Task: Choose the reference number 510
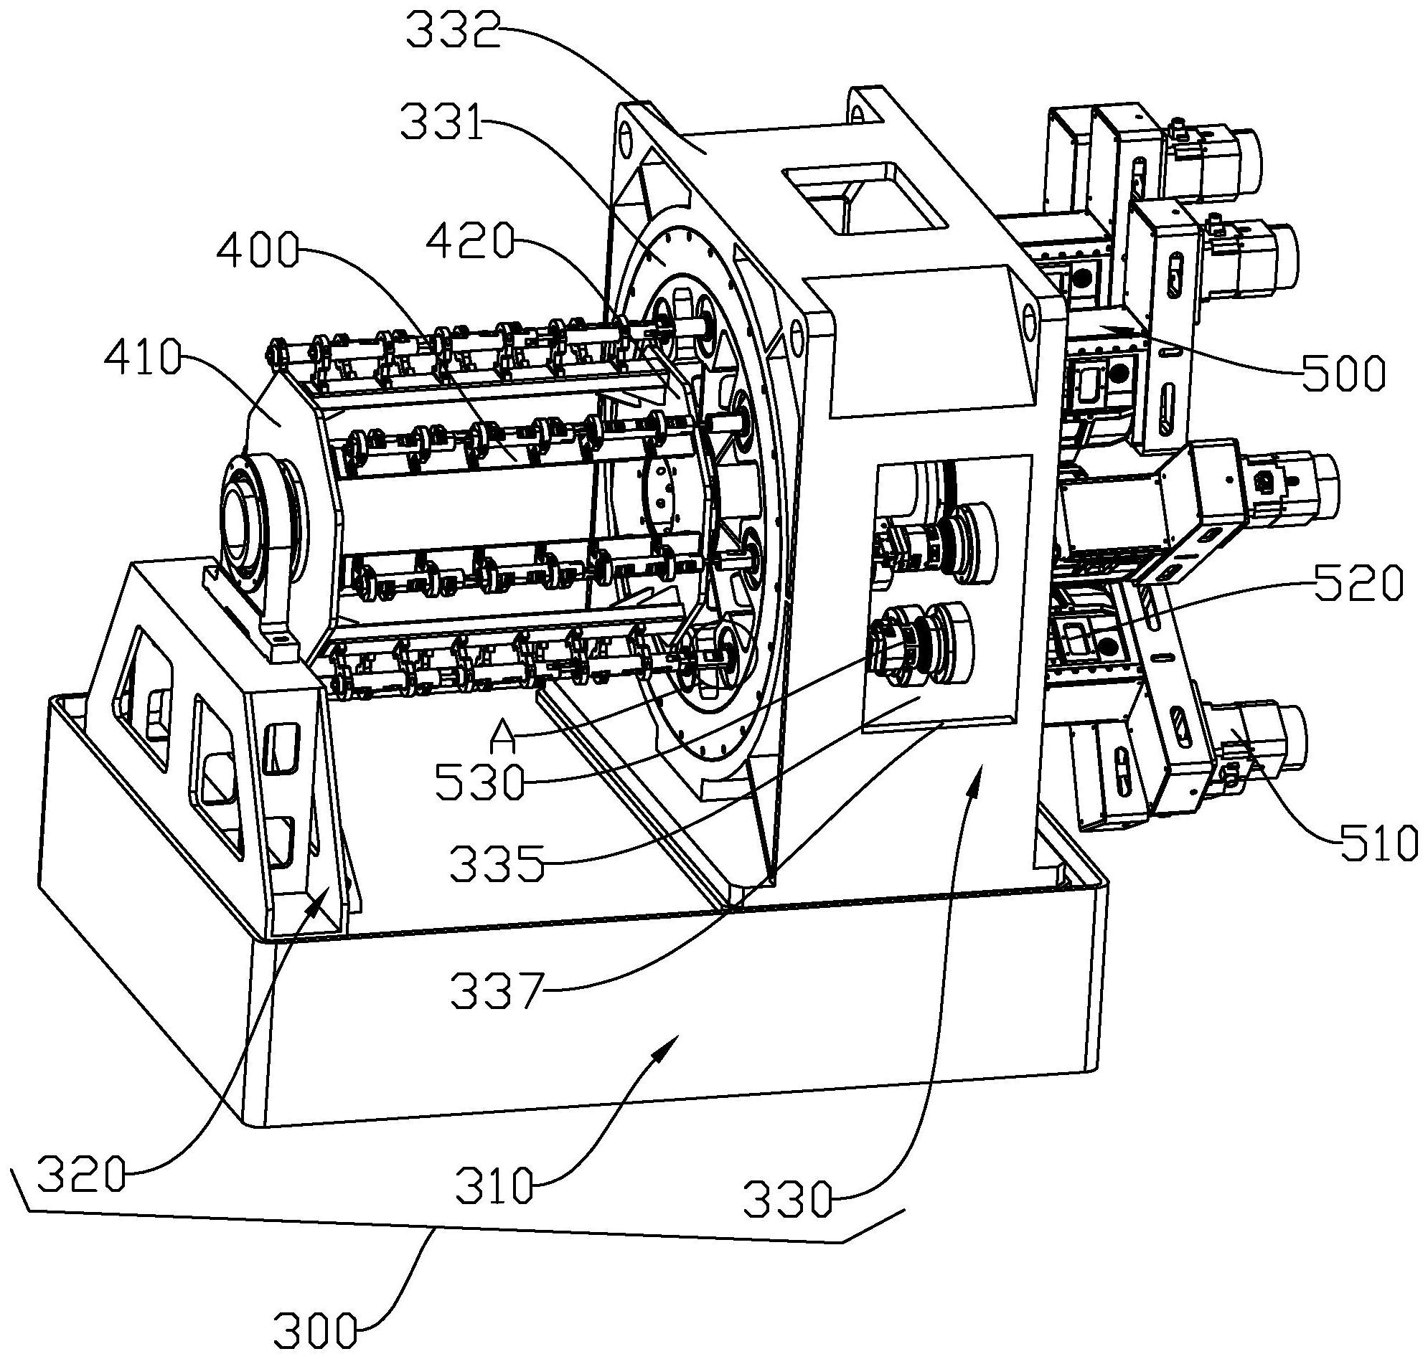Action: [x=1376, y=843]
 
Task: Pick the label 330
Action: [x=789, y=1198]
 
